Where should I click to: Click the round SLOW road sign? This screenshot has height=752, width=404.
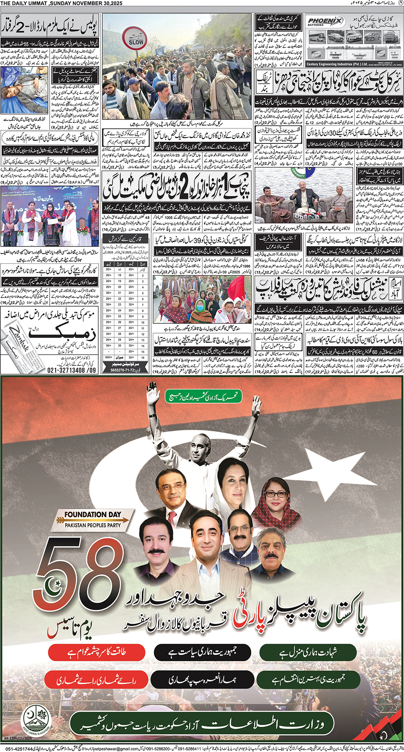136,40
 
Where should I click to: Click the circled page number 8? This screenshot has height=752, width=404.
400,3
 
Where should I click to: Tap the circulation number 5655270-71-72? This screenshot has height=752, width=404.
125,370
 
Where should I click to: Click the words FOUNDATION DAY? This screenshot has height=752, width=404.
93,514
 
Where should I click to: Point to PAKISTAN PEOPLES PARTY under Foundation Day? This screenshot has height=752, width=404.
93,525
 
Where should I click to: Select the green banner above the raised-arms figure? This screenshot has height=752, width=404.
204,396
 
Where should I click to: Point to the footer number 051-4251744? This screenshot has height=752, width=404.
19,749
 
